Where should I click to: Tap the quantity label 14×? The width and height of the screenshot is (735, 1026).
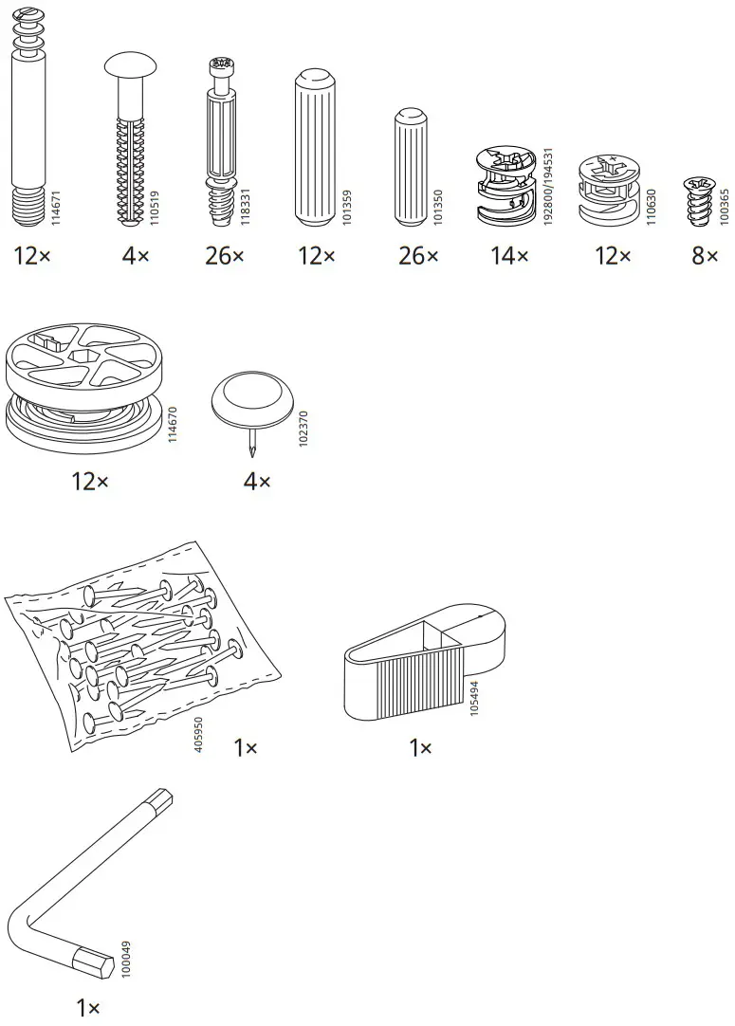click(x=509, y=256)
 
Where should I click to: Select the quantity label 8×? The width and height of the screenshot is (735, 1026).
click(x=705, y=256)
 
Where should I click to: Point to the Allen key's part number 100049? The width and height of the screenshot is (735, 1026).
click(x=127, y=959)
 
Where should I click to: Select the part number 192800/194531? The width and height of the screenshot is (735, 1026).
click(x=547, y=186)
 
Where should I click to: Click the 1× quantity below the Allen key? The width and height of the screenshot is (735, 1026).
click(x=88, y=1007)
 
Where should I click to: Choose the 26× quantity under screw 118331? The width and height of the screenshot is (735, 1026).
click(x=224, y=256)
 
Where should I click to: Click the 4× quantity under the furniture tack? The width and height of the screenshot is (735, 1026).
click(x=257, y=482)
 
